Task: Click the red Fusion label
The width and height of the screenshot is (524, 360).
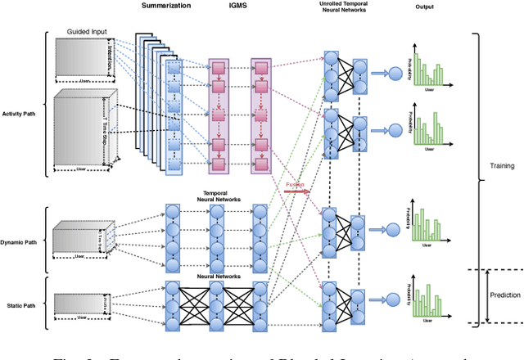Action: coord(296,186)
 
